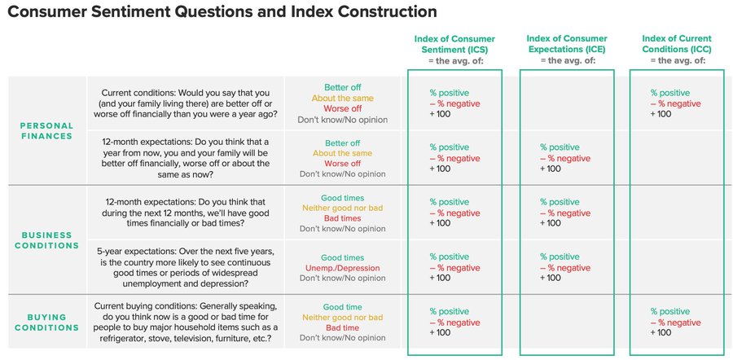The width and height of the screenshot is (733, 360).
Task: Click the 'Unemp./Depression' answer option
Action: (x=343, y=268)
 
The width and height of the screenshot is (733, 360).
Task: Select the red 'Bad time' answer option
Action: (x=343, y=327)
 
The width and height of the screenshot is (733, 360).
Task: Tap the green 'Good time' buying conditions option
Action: (x=343, y=307)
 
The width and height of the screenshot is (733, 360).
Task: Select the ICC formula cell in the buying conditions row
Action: (x=676, y=322)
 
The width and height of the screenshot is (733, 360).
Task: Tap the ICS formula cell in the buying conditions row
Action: (x=454, y=322)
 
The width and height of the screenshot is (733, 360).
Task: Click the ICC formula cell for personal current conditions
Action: (x=676, y=103)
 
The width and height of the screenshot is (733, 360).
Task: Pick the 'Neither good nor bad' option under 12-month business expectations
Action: (x=343, y=208)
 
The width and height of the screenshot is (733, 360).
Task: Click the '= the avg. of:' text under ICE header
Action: (x=567, y=61)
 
